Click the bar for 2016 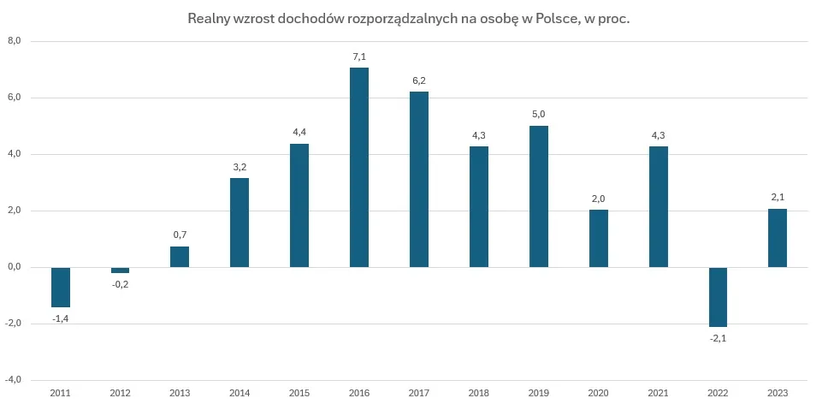pyautogui.click(x=358, y=167)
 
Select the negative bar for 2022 pyautogui.click(x=717, y=297)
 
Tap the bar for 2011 pyautogui.click(x=60, y=287)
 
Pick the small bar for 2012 pyautogui.click(x=120, y=270)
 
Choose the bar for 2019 pyautogui.click(x=538, y=196)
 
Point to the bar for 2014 pyautogui.click(x=239, y=222)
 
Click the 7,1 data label pyautogui.click(x=358, y=56)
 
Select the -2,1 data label pyautogui.click(x=717, y=339)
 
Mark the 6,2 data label pyautogui.click(x=418, y=80)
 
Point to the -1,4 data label pyautogui.click(x=60, y=318)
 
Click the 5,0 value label pyautogui.click(x=538, y=114)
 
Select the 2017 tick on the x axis pyautogui.click(x=418, y=392)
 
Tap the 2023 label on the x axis pyautogui.click(x=777, y=392)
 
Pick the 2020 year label pyautogui.click(x=598, y=392)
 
